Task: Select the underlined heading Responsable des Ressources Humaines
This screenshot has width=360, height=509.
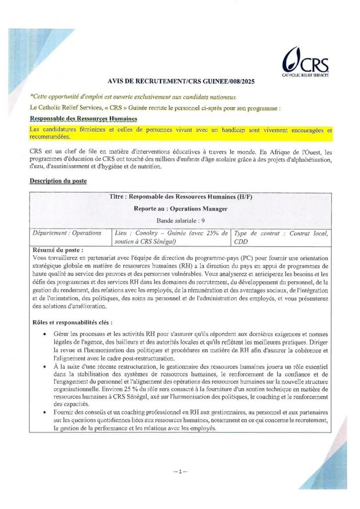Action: coord(83,119)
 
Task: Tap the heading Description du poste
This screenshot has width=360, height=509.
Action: coord(58,181)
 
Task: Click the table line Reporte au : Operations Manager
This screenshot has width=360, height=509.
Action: coord(180,209)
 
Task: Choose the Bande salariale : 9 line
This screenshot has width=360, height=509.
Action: coord(180,220)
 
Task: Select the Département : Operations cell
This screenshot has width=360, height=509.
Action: coord(67,233)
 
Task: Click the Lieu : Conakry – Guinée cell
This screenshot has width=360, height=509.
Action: coord(171,237)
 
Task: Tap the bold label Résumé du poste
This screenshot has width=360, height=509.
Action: coord(58,250)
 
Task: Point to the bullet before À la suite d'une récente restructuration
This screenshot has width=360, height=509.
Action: coord(46,367)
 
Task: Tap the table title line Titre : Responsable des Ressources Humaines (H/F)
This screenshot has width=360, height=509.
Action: coord(180,197)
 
